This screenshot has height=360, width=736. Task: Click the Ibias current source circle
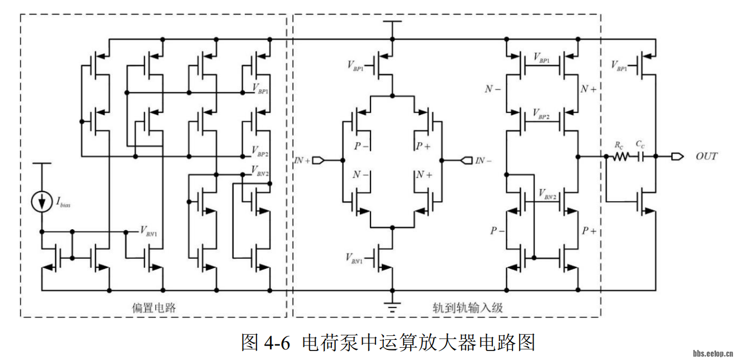[x=41, y=201]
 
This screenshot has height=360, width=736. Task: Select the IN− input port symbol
[x=466, y=161]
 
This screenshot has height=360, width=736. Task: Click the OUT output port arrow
[x=676, y=157]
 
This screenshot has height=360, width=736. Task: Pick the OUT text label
[x=706, y=157]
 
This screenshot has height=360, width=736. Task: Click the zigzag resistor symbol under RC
[x=620, y=157]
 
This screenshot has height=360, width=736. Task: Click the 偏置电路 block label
[x=154, y=307]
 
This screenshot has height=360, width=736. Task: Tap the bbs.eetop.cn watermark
[x=713, y=353]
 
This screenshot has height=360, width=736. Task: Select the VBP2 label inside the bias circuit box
[x=260, y=150]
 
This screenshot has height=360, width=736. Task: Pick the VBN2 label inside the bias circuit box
[x=260, y=169]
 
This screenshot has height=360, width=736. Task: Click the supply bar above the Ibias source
[x=41, y=164]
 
